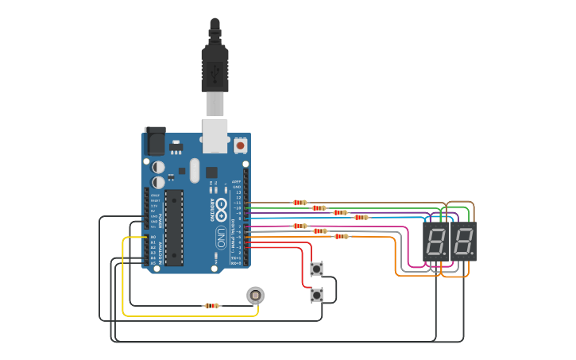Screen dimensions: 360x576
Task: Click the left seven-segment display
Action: coord(436,242)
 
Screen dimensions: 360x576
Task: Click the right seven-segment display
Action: coord(463,242)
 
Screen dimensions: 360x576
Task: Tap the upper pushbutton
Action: coord(316,269)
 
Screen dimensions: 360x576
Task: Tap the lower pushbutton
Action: coord(316,295)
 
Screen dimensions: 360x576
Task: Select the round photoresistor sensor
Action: coord(255,296)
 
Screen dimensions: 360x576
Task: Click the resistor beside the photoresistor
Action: coord(211,305)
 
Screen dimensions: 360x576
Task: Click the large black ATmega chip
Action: coord(174,227)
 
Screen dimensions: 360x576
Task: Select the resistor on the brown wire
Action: coord(300,203)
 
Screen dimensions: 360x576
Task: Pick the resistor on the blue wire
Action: coord(361,217)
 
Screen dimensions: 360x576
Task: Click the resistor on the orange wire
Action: coord(341,236)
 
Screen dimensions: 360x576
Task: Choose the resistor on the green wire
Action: coord(319,208)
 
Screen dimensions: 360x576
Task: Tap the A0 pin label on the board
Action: coord(153,237)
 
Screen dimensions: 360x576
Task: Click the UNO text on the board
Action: coord(221,237)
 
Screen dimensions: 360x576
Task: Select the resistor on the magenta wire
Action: coord(300,226)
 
